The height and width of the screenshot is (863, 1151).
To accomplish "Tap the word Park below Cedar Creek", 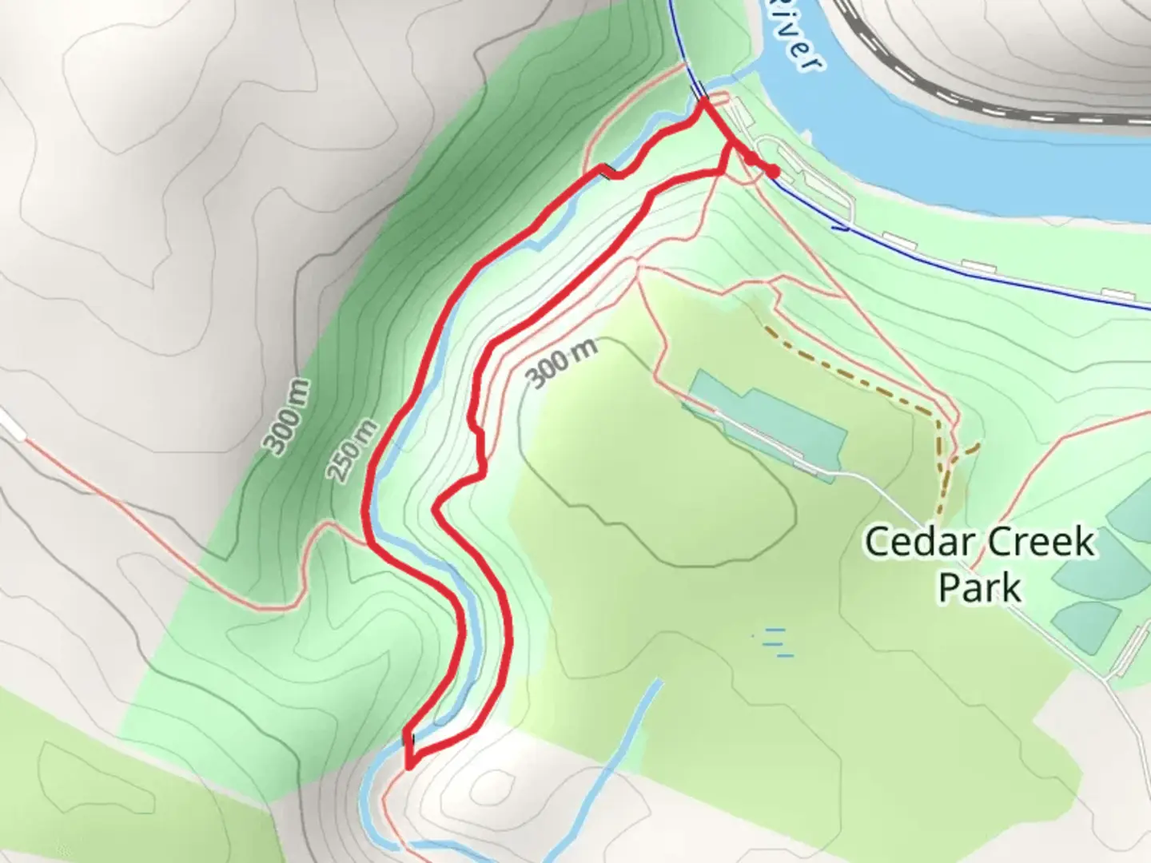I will (979, 587).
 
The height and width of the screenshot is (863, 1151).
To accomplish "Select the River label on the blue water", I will (798, 50).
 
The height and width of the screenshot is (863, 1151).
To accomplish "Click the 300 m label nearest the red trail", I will (563, 362).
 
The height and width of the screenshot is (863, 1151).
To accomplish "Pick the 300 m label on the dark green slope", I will (287, 417).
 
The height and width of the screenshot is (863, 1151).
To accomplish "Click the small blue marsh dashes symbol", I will (775, 642).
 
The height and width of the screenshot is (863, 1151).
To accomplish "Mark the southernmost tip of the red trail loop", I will (409, 766).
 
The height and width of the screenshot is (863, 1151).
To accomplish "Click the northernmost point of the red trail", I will (704, 99).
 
